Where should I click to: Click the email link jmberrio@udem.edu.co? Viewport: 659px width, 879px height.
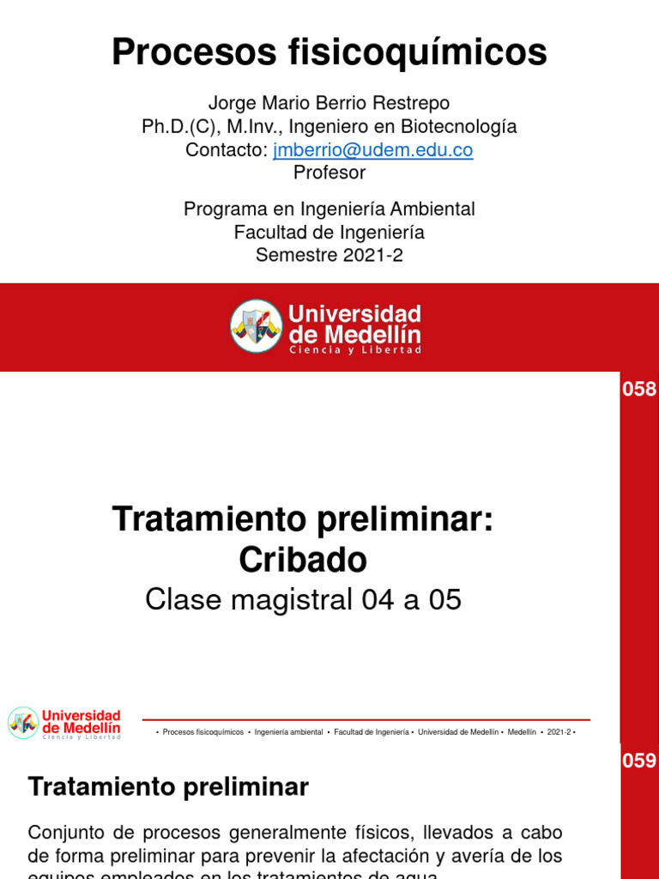click(372, 150)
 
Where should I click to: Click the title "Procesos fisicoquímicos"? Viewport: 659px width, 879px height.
click(329, 53)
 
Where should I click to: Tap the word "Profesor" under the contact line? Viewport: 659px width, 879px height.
click(329, 173)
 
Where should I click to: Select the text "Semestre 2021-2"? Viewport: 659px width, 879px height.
click(329, 254)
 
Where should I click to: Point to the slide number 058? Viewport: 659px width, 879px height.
click(638, 390)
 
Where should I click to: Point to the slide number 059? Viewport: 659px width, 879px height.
click(638, 761)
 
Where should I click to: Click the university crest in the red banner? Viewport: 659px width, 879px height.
click(256, 325)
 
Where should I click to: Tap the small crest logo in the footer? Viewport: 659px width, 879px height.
click(23, 723)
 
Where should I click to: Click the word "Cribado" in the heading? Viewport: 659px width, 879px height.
click(303, 560)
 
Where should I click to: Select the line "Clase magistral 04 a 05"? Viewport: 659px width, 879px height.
click(303, 600)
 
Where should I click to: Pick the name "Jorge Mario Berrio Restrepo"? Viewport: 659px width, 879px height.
click(329, 104)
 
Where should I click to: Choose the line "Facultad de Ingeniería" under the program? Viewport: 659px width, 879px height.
click(329, 232)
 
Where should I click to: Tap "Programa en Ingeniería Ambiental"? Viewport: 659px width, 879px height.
click(329, 209)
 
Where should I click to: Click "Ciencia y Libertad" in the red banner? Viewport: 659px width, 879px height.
click(355, 350)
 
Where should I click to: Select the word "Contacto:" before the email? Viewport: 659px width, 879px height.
click(227, 150)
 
